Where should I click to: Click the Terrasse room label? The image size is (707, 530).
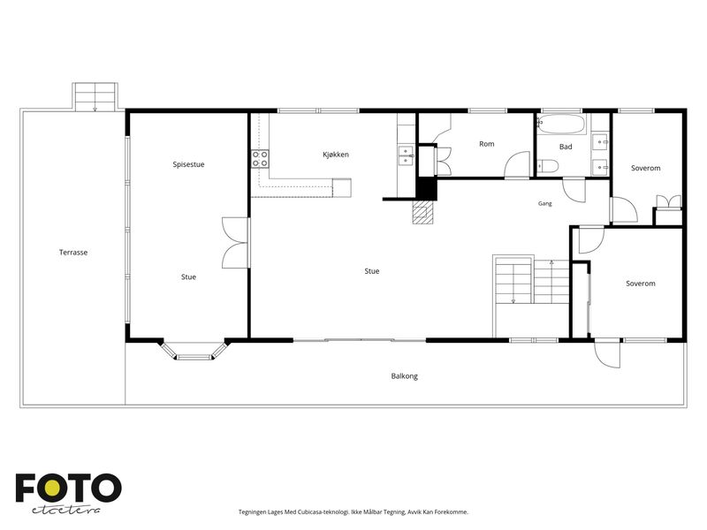73,253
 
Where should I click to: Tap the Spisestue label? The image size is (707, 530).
188,164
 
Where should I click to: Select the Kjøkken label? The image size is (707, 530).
336,155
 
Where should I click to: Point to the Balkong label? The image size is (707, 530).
405,376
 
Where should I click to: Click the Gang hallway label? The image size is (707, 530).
544,204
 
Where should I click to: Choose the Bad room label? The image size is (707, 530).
566,147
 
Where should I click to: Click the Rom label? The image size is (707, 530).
487,144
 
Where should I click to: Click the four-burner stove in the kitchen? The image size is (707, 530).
260,159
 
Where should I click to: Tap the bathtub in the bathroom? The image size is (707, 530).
562,125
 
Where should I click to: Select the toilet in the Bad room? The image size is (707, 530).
548,167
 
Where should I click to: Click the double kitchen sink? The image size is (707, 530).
406,155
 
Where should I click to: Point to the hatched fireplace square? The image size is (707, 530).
422,212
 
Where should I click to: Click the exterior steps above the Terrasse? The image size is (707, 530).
95,97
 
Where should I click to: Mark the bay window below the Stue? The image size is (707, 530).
194,351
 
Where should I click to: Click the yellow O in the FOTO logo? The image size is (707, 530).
52,488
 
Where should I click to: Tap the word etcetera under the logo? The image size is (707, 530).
65,511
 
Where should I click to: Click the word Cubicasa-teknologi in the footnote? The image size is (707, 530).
323,512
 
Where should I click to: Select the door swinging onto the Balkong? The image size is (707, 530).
607,353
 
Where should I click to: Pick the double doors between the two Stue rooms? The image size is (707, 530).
235,244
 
